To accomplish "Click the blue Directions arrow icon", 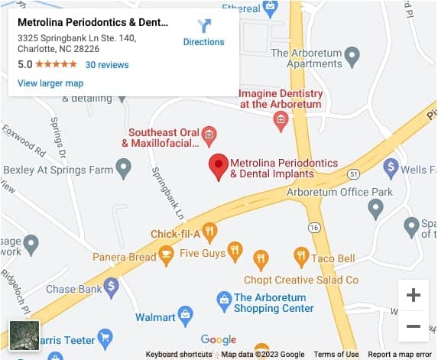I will pos(204,25).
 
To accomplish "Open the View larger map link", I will pos(50,83).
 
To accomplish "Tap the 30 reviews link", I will pos(107,65).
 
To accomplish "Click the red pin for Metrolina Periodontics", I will pos(219,166).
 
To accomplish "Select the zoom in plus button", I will pos(413,295).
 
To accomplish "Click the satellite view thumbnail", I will pos(24,336).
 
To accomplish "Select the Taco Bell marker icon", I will pos(301,258).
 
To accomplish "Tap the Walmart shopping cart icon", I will pos(185,314).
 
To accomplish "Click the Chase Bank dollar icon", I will pos(112,287).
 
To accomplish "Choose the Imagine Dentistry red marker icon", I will pos(281,119).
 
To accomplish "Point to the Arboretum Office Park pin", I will pos(375,207).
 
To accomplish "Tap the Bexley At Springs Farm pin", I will pos(123,168).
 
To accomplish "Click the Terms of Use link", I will pos(336,355).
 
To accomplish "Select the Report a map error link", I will pos(401,355).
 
